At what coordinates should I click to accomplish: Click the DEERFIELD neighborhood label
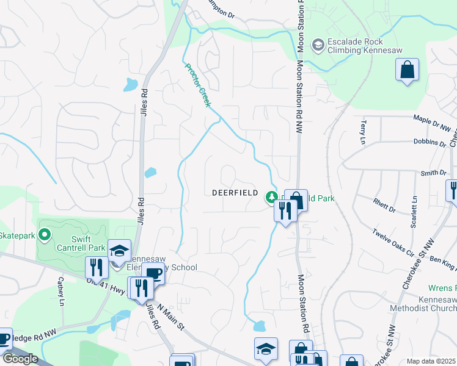(239, 192)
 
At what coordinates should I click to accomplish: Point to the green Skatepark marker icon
(43, 234)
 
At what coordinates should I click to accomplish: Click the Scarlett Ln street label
(414, 209)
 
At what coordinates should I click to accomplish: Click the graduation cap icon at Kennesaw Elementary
(119, 251)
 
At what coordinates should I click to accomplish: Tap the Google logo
(20, 359)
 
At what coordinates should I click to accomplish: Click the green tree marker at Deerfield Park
(271, 197)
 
